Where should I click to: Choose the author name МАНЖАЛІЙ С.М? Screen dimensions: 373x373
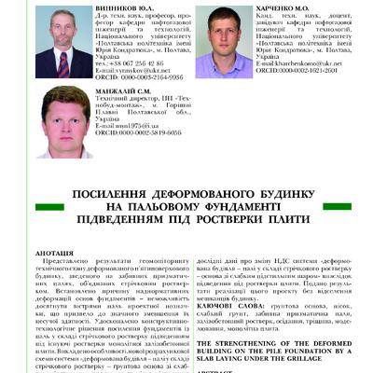pyautogui.click(x=126, y=102)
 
